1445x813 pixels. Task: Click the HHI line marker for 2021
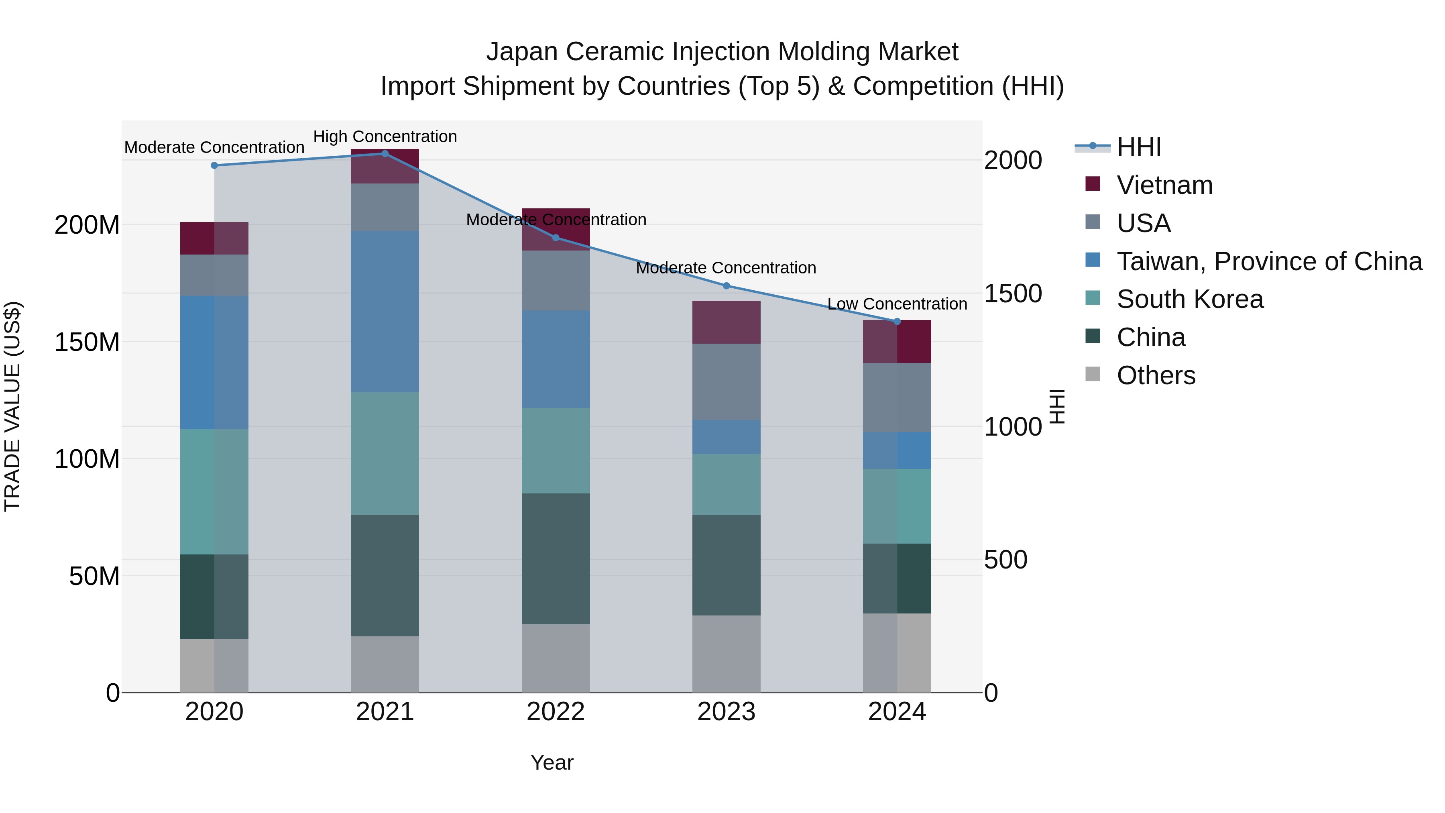coord(385,154)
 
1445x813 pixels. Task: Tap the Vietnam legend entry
coord(1164,185)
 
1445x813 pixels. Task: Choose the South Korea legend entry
coord(1189,299)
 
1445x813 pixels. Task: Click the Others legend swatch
coord(1092,374)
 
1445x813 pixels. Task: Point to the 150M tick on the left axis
coord(87,342)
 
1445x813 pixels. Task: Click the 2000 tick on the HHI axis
coord(1013,161)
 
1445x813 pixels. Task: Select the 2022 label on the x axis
coord(556,712)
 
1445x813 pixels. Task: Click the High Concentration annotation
coord(385,137)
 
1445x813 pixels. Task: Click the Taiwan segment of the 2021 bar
coord(385,312)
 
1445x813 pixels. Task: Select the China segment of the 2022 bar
coord(556,558)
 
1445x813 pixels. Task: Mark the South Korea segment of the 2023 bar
coord(726,484)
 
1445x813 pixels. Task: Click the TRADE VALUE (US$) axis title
coord(12,406)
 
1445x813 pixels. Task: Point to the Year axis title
coord(552,762)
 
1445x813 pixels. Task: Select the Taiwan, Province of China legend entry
coord(1269,261)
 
